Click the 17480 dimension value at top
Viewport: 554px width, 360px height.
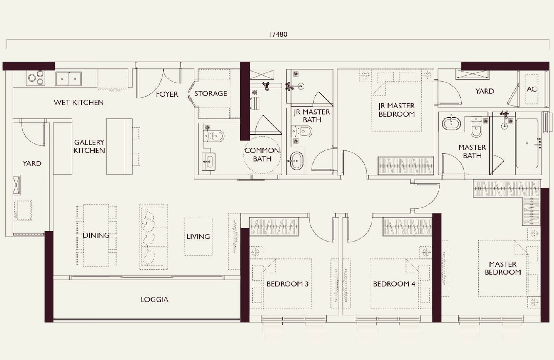point(277,34)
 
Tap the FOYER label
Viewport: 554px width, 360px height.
point(167,94)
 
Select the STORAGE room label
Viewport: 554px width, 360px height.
point(210,93)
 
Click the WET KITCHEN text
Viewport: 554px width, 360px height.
point(78,102)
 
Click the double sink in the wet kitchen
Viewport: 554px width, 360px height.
point(68,78)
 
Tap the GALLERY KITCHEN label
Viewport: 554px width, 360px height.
point(89,146)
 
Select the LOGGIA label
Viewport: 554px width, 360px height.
point(154,299)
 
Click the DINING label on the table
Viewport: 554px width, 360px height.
point(96,235)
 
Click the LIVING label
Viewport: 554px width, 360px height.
point(198,237)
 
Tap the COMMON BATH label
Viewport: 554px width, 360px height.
point(262,154)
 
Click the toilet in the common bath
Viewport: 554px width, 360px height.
point(215,135)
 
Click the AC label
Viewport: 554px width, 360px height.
point(531,89)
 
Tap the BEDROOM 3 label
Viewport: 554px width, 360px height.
point(287,284)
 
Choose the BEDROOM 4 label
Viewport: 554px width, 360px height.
point(394,284)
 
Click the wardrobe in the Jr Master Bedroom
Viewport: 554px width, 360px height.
point(405,165)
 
